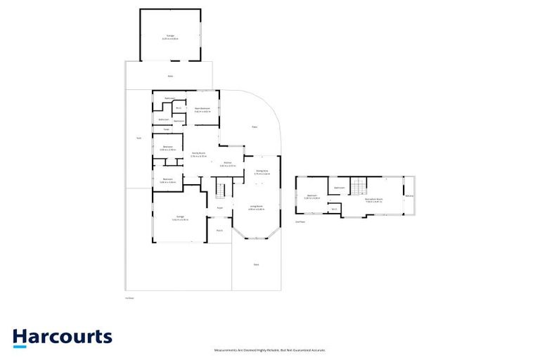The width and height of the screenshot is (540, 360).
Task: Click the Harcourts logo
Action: pos(62,337)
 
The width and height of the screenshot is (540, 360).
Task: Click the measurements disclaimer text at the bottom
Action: pos(270,349)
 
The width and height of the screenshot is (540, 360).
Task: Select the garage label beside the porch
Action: pos(180,217)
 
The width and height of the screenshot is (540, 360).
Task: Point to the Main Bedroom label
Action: pos(202,109)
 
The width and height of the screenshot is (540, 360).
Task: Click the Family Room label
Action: pos(198,154)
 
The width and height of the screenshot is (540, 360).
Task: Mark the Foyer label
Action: pos(220,208)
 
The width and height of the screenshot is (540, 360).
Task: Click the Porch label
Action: pos(219,230)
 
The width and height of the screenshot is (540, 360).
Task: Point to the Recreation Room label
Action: pos(374,200)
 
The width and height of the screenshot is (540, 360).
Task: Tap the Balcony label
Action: pos(410,196)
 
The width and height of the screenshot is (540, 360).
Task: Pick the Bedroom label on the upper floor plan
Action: pos(311,196)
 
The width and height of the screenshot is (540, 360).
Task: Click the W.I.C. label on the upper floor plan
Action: pos(335,208)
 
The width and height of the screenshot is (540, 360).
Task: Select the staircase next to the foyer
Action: pos(221,190)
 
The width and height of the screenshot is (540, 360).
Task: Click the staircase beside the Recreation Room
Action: pos(359,187)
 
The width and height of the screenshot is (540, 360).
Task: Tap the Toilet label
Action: pos(167,129)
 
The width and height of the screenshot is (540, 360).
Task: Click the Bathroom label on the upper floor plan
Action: pos(339,188)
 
